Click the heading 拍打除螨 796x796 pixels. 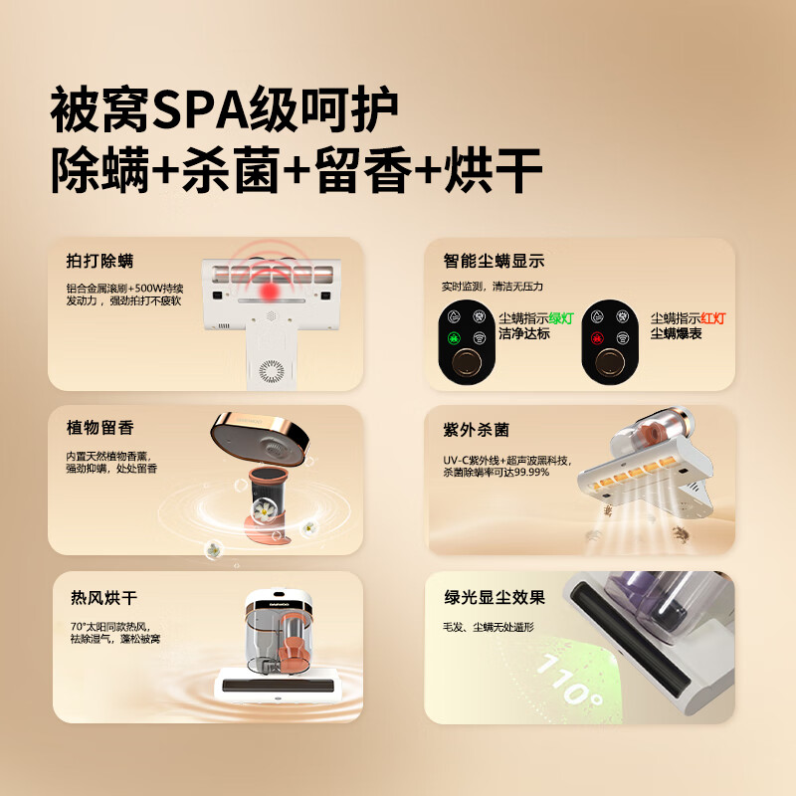point(99,261)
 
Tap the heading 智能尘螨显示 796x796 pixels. point(494,261)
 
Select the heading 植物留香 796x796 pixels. point(99,428)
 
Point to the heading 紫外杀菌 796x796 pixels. point(476,430)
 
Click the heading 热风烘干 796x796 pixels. point(103,598)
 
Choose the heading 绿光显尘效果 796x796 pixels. point(495,598)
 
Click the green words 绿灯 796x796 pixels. point(561,318)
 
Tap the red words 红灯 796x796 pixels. point(713,318)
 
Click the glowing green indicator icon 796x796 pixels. point(454,337)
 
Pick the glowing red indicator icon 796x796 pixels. point(597,337)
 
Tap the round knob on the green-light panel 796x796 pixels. point(467,362)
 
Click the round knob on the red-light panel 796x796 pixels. point(610,362)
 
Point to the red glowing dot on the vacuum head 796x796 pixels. point(269,291)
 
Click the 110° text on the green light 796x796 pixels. point(569,680)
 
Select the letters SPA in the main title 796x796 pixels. point(201,109)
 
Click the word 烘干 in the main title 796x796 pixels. point(493,170)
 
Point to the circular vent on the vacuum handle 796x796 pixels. point(272,371)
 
